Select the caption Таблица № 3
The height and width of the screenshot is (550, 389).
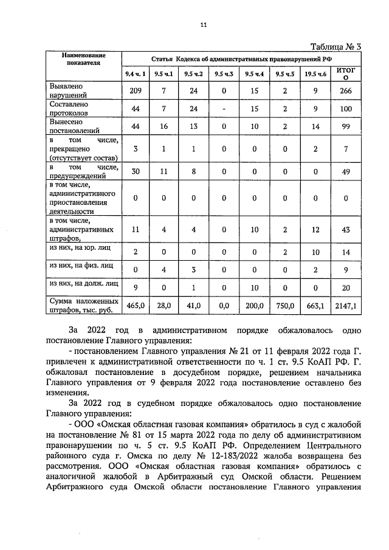(x=336, y=47)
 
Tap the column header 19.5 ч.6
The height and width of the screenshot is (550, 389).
(x=315, y=75)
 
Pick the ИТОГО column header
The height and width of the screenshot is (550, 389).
(x=345, y=75)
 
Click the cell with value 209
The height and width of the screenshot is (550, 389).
(x=136, y=91)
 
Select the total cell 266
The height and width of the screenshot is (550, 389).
(x=345, y=91)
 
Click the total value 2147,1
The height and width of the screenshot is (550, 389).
(x=345, y=306)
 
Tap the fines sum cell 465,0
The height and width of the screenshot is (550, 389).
(x=136, y=306)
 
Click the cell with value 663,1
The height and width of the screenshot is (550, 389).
(x=315, y=306)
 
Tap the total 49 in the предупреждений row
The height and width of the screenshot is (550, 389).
(x=345, y=171)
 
